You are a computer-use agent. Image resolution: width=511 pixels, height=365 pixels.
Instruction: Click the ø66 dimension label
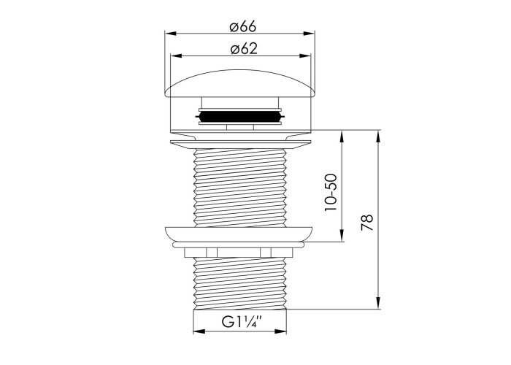click(243, 26)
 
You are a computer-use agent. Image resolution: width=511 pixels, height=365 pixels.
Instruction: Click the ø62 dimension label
click(244, 49)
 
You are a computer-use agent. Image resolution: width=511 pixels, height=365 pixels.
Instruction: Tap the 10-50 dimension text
click(331, 192)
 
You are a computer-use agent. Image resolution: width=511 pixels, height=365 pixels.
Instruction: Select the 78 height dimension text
click(367, 223)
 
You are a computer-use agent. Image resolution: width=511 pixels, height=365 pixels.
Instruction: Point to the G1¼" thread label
click(242, 322)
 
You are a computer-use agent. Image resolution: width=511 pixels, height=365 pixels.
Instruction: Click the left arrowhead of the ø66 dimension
click(170, 34)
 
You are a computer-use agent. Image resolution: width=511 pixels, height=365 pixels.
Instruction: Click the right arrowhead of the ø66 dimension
click(309, 34)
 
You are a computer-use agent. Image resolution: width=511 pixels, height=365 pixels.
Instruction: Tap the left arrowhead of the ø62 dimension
click(176, 55)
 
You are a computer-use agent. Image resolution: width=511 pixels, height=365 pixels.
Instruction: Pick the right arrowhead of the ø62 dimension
click(305, 55)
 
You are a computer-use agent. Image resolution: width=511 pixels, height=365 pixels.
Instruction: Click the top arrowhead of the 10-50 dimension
click(342, 137)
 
